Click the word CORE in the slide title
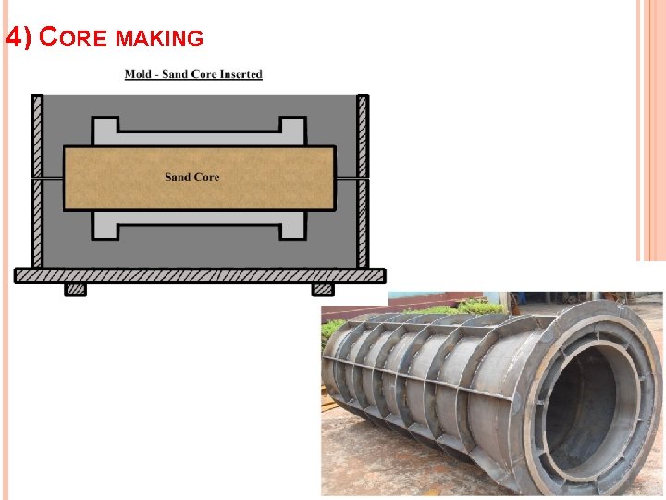tap(77, 38)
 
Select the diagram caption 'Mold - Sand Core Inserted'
tap(193, 74)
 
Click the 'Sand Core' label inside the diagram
tap(192, 177)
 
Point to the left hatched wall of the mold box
tap(37, 181)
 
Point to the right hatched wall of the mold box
tap(363, 181)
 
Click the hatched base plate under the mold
tap(199, 275)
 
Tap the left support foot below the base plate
tap(75, 290)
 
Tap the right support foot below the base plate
tap(323, 290)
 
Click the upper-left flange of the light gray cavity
tap(105, 131)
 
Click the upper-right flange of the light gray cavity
tap(293, 131)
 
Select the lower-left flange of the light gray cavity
tap(105, 224)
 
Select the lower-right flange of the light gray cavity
tap(293, 224)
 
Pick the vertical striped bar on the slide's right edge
tap(650, 130)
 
